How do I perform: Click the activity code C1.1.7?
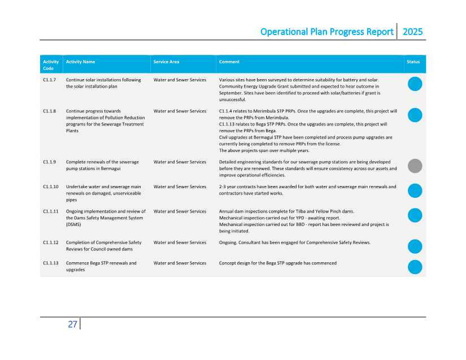point(49,80)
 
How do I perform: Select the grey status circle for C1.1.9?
point(415,166)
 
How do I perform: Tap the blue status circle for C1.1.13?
point(415,267)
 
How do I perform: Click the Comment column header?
point(229,62)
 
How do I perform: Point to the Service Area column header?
point(166,62)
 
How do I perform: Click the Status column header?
point(413,62)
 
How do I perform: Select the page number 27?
point(72,324)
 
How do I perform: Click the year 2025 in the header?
point(412,32)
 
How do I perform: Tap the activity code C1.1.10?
point(50,186)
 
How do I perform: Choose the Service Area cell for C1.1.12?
point(180,242)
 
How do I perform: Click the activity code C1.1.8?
point(49,111)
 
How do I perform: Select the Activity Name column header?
point(80,62)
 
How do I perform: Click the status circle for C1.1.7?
point(415,84)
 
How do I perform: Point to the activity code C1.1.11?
point(50,211)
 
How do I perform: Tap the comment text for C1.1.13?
point(277,263)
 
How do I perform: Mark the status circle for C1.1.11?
point(415,215)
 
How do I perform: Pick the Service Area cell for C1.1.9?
point(180,162)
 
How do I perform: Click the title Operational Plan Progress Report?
point(326,32)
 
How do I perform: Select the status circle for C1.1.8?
point(415,115)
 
